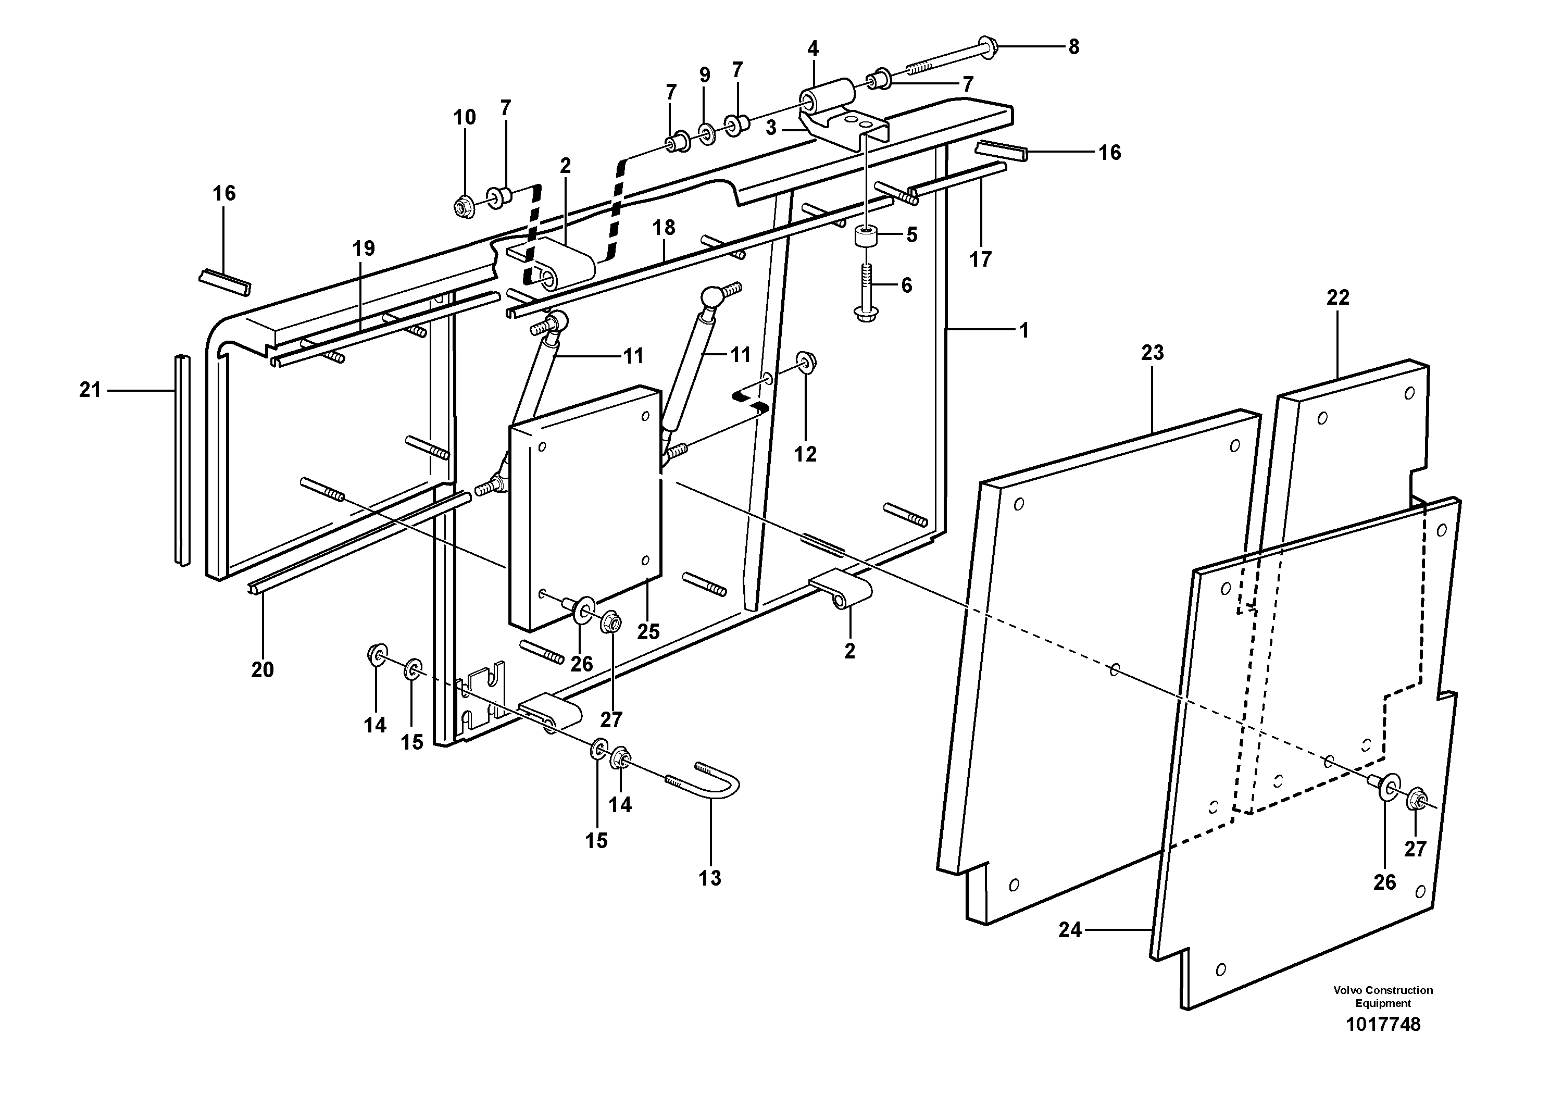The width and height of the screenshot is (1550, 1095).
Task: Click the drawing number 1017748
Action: (x=1383, y=1024)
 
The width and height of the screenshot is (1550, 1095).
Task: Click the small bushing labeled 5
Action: (x=867, y=238)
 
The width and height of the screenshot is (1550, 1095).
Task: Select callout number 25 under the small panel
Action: (x=648, y=631)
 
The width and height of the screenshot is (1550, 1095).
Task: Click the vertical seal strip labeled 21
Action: (x=181, y=459)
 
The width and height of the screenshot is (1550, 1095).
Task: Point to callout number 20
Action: (x=262, y=670)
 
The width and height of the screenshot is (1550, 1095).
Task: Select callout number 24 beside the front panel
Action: (x=1070, y=930)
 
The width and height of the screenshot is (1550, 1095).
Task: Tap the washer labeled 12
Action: (x=804, y=362)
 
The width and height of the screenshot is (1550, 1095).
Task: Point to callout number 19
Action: (x=363, y=248)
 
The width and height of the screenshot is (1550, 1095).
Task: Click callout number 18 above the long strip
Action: (x=664, y=228)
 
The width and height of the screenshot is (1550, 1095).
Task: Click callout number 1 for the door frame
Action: (x=1024, y=330)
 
